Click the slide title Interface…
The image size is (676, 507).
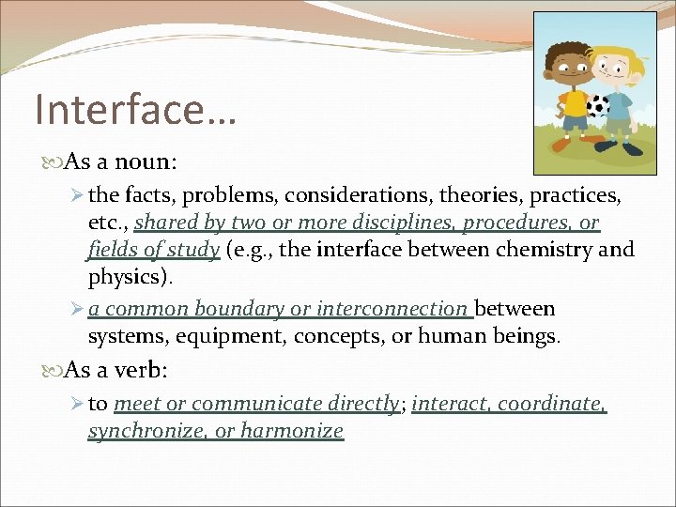(x=135, y=108)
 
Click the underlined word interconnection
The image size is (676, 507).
(x=392, y=308)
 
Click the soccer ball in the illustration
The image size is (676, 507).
(x=598, y=104)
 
